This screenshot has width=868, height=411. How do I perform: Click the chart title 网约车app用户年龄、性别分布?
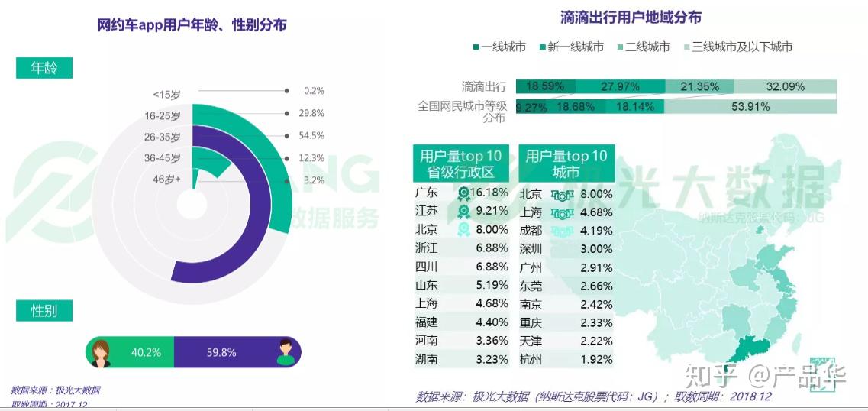click(x=192, y=24)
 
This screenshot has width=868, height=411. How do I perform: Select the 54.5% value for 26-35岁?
click(x=311, y=135)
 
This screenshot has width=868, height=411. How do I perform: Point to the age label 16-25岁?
click(x=163, y=115)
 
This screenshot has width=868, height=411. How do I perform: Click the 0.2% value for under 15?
click(x=313, y=91)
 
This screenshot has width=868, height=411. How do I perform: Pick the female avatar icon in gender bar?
click(x=101, y=352)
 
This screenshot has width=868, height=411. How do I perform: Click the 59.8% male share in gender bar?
click(x=221, y=352)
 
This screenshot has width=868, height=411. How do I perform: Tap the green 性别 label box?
click(x=44, y=311)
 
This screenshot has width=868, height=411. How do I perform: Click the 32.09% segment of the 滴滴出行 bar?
click(x=786, y=86)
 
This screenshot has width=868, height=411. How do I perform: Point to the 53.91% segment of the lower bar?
click(x=750, y=107)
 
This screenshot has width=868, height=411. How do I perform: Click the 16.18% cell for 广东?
click(x=489, y=193)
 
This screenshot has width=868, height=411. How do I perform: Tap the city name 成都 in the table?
click(x=531, y=230)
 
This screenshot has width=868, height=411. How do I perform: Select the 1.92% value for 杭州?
click(x=596, y=359)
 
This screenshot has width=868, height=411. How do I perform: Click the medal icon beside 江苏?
click(x=463, y=212)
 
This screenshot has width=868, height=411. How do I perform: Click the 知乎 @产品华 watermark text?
click(x=763, y=376)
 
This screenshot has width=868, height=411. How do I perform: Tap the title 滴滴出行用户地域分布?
click(x=630, y=17)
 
